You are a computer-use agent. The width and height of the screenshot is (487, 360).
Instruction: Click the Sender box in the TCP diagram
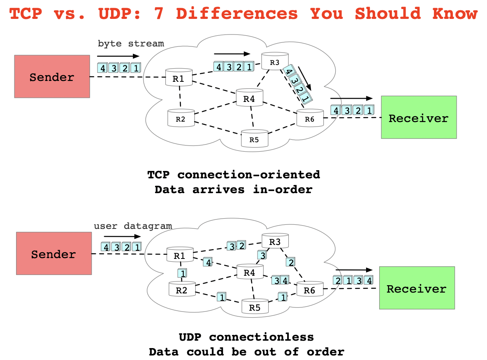click(52, 76)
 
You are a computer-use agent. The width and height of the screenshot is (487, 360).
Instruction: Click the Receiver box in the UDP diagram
click(417, 288)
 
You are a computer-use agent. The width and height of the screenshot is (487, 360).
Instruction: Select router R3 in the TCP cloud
click(275, 62)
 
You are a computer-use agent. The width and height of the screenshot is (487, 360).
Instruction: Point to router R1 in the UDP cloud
click(179, 255)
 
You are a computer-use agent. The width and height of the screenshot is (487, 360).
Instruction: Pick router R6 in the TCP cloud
click(310, 119)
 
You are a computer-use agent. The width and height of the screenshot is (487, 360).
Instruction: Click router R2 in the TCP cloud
click(181, 118)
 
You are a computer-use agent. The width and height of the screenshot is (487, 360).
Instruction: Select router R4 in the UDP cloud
click(250, 272)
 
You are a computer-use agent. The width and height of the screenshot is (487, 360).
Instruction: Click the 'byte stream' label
click(131, 43)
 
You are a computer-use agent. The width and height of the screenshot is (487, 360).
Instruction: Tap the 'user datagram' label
click(133, 226)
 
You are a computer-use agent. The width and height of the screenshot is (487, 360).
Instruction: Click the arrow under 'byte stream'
click(118, 56)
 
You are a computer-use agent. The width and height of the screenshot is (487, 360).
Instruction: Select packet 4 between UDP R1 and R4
click(208, 262)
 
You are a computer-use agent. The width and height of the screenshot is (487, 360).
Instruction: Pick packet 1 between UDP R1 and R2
click(182, 272)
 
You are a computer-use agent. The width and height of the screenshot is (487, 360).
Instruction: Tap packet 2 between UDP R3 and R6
click(291, 262)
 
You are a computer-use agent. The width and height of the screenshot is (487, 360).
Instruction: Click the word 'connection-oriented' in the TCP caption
click(248, 174)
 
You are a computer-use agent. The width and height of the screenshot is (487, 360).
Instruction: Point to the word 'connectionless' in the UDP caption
click(262, 337)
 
